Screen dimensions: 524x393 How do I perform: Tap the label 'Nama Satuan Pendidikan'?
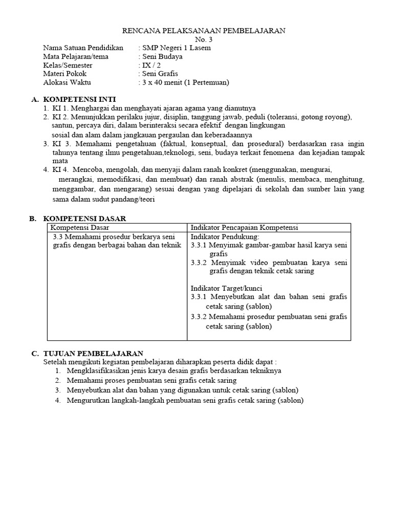coord(83,48)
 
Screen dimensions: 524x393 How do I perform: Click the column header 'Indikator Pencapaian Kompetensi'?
coord(244,228)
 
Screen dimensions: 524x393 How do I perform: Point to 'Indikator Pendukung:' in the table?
coord(225,237)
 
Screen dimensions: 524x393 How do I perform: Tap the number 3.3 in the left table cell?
coord(58,237)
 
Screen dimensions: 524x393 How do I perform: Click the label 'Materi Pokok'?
coord(65,74)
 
